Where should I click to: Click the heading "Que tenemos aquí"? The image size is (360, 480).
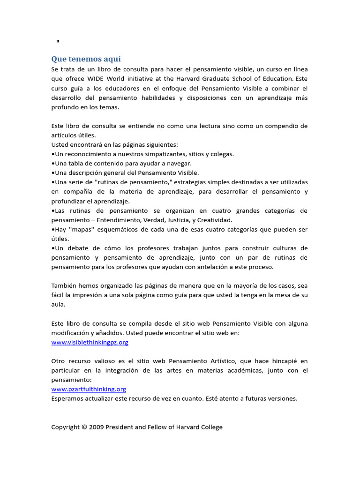[x=86, y=59]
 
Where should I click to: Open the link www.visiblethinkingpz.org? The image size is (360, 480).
[x=90, y=342]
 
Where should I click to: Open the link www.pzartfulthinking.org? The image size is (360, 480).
[x=89, y=389]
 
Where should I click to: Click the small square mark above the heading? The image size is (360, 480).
[x=58, y=41]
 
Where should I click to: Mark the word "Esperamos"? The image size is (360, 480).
[x=67, y=398]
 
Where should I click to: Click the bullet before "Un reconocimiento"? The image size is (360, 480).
[x=53, y=154]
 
